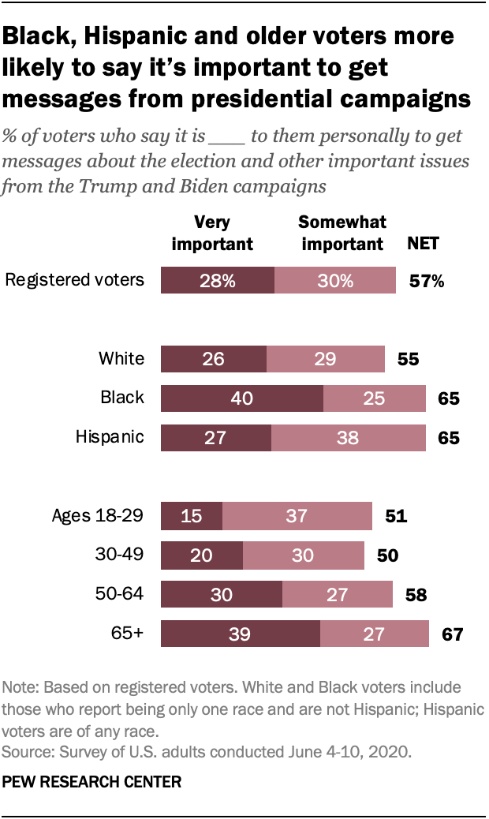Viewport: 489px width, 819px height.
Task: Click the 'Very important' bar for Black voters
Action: pyautogui.click(x=242, y=398)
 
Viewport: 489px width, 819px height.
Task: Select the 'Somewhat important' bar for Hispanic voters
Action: pyautogui.click(x=347, y=438)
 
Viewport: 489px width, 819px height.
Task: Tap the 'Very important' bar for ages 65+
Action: pyautogui.click(x=241, y=634)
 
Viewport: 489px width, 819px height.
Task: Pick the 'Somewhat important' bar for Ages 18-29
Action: pyautogui.click(x=297, y=517)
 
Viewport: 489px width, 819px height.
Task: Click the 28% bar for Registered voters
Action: pyautogui.click(x=218, y=281)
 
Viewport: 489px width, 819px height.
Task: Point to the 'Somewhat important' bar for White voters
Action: pyautogui.click(x=326, y=360)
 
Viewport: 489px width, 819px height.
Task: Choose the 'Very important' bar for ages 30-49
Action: pyautogui.click(x=202, y=555)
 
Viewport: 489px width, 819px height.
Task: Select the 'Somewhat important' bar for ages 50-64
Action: pyautogui.click(x=337, y=595)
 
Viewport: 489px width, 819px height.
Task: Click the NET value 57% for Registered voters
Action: pyautogui.click(x=427, y=281)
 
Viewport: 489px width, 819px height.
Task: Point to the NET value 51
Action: pyautogui.click(x=395, y=517)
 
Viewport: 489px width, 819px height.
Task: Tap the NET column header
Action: pyautogui.click(x=423, y=244)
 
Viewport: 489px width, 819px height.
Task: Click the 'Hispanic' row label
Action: pyautogui.click(x=110, y=437)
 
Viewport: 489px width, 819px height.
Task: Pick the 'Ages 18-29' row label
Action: pyautogui.click(x=98, y=516)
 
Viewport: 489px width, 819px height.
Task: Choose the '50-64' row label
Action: pyautogui.click(x=120, y=594)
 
